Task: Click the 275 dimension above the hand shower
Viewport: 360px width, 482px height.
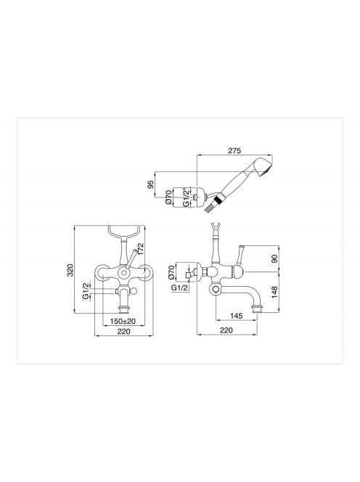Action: [x=234, y=150]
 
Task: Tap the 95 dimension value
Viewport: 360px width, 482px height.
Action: [x=150, y=184]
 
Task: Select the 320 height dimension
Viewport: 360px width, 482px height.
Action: [x=70, y=269]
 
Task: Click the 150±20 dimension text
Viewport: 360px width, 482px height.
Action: [x=123, y=321]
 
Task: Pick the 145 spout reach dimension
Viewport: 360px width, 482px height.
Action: [x=236, y=316]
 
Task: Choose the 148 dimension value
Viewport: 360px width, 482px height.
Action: [x=274, y=292]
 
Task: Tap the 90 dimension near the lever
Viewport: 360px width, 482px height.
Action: [x=274, y=258]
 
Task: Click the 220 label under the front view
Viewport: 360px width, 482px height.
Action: [x=123, y=331]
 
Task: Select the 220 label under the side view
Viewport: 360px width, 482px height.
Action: [x=226, y=330]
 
